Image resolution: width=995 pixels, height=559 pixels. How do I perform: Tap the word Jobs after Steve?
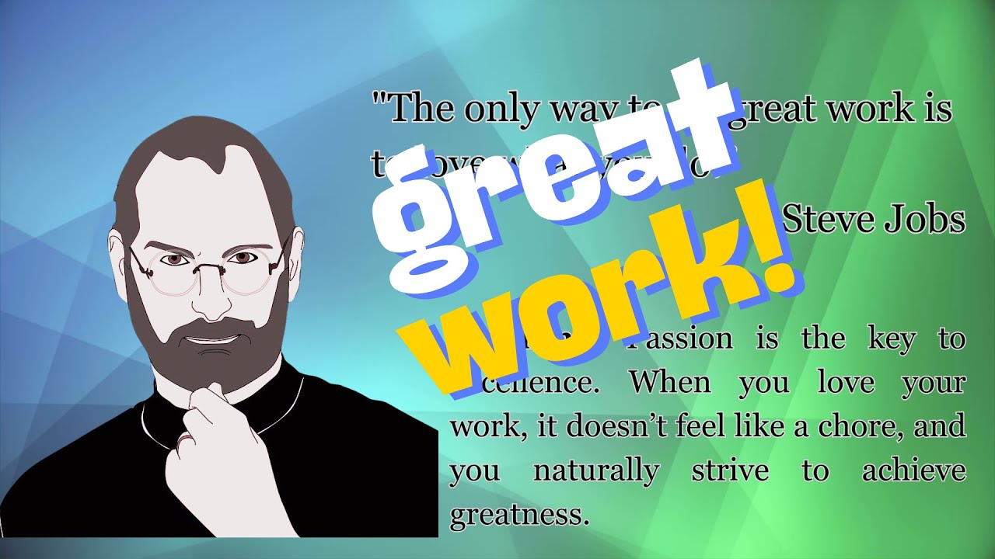[x=924, y=220]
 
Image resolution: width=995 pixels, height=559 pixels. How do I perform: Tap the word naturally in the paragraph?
[x=596, y=470]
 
